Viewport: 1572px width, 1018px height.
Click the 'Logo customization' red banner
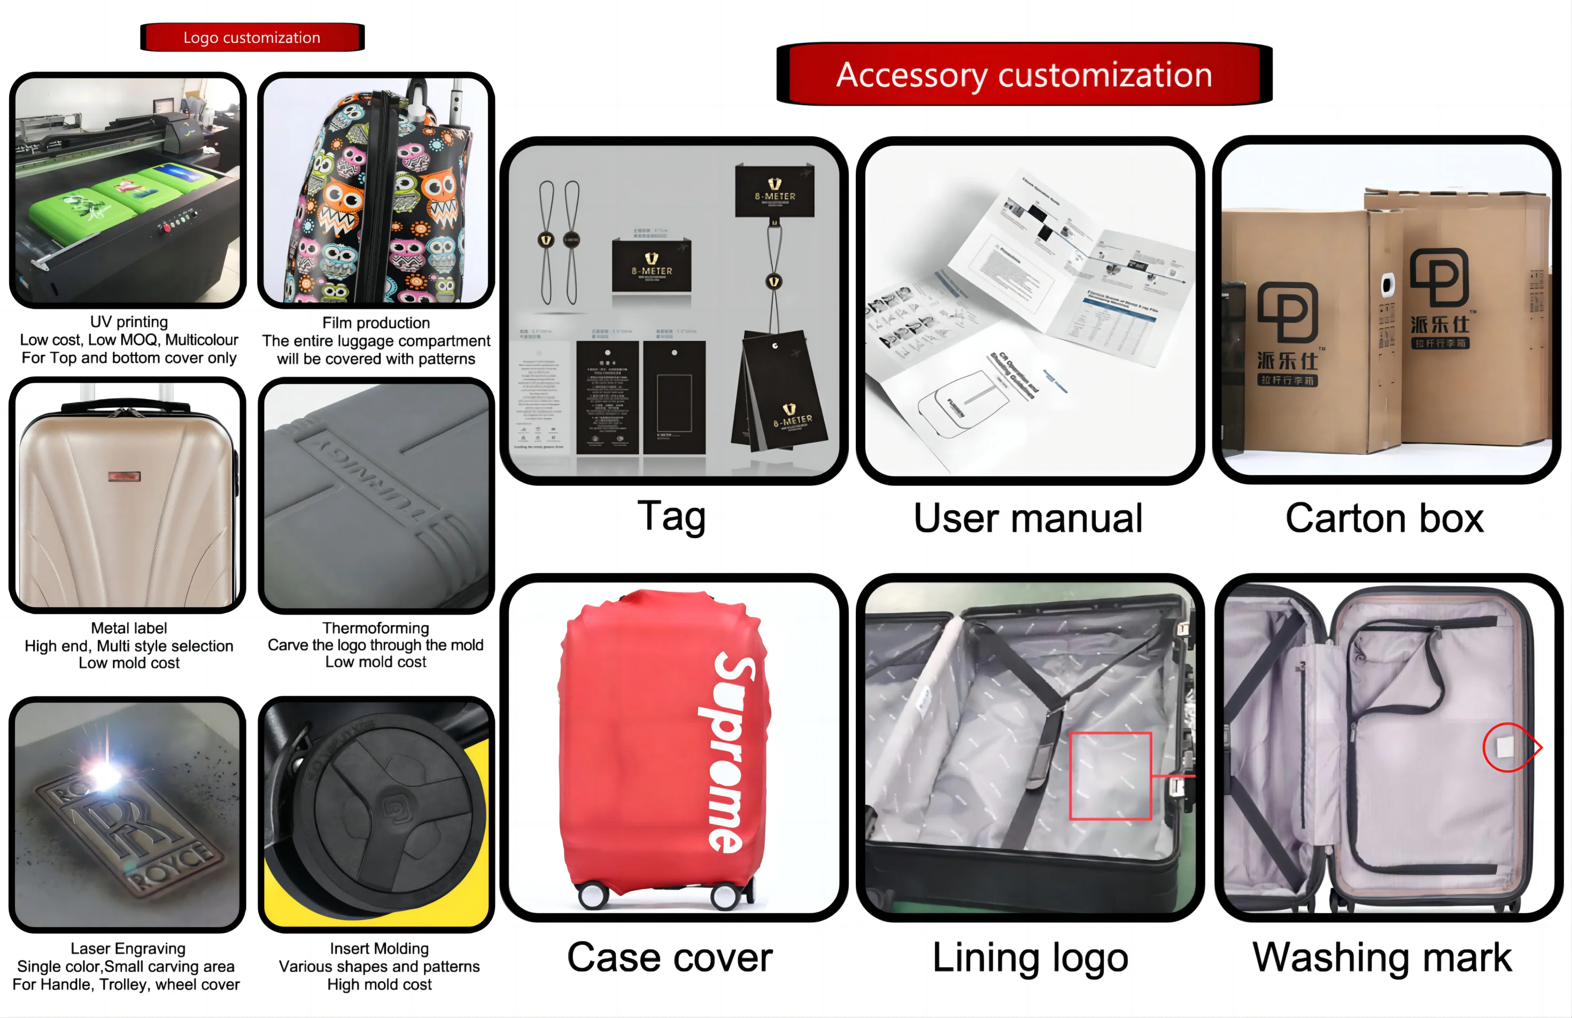click(x=252, y=37)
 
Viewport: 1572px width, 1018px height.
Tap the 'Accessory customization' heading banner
click(x=1024, y=75)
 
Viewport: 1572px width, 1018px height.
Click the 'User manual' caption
click(x=1028, y=518)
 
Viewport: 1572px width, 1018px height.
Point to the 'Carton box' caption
click(x=1384, y=518)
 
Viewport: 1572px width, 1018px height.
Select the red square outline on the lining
click(x=1110, y=776)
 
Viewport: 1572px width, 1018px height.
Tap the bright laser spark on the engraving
click(x=104, y=772)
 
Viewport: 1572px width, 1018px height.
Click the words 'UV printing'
click(x=129, y=322)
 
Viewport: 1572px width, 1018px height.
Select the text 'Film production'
click(x=376, y=323)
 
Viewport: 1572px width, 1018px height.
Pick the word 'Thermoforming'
click(x=376, y=628)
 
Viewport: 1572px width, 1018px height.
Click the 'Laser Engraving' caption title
click(x=128, y=949)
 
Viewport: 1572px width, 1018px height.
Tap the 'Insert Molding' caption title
click(x=379, y=949)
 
